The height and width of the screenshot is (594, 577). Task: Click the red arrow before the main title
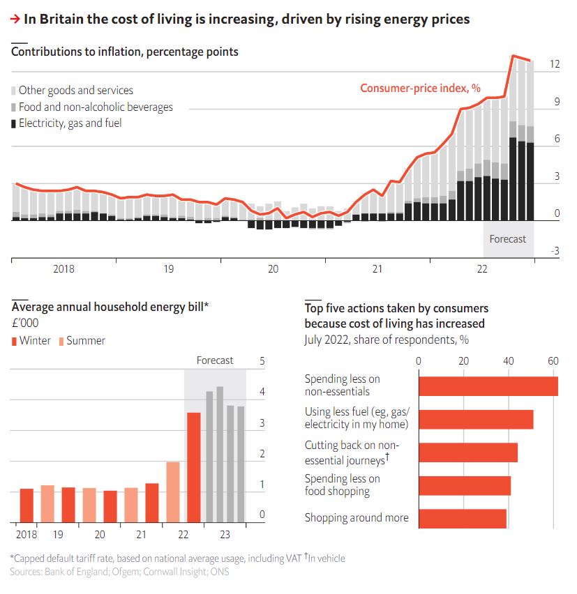click(15, 20)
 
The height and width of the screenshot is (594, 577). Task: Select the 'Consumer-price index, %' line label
click(420, 88)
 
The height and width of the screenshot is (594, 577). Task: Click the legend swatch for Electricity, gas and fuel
click(14, 124)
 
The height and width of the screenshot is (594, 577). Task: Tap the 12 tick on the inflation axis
click(555, 64)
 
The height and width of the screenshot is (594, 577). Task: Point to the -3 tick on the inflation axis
click(555, 251)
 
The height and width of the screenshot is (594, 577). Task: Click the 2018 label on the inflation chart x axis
click(63, 269)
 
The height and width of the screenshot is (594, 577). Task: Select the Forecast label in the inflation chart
click(507, 239)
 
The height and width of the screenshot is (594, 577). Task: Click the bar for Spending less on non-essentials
click(488, 386)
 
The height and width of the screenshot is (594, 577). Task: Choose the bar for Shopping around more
click(462, 518)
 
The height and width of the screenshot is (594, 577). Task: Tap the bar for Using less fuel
click(476, 419)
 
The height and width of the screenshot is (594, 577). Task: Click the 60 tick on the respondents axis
click(553, 361)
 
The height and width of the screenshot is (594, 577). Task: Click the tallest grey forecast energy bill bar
click(219, 455)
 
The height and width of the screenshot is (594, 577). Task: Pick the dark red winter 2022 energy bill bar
click(193, 468)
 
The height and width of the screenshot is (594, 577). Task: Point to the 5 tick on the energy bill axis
click(262, 361)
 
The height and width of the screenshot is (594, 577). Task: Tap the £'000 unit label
click(24, 323)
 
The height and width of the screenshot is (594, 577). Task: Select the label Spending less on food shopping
click(343, 485)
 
